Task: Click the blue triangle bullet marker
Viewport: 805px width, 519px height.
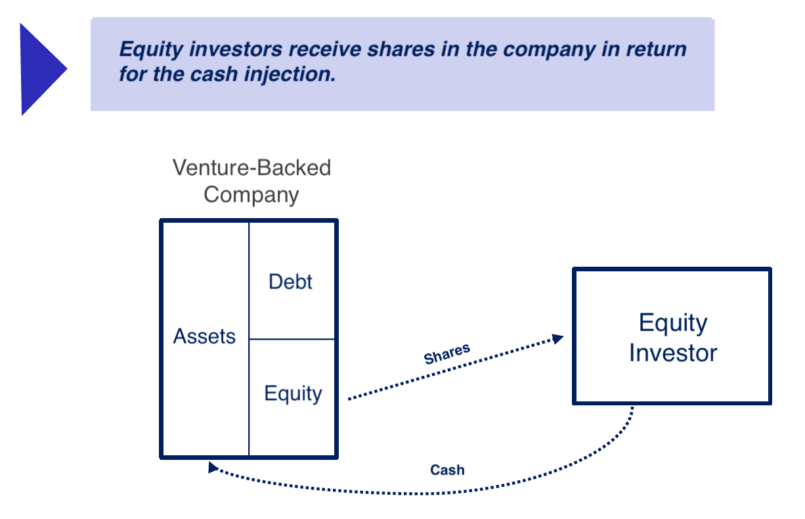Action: point(41,69)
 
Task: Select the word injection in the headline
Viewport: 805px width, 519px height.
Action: point(294,75)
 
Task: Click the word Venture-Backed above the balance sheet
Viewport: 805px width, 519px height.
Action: point(251,168)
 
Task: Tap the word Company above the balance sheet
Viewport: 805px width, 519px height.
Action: point(251,194)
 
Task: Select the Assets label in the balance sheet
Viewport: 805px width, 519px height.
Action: point(204,336)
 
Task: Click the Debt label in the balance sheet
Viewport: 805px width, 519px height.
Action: point(291,282)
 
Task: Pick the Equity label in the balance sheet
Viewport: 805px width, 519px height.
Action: point(293,394)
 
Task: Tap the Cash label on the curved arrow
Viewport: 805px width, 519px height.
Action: point(447,470)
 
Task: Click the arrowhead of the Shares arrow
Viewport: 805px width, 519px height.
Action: point(558,339)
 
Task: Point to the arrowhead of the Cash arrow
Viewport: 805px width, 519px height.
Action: point(212,466)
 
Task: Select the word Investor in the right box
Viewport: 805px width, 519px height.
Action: point(673,353)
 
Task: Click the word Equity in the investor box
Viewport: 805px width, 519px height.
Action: point(673,323)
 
